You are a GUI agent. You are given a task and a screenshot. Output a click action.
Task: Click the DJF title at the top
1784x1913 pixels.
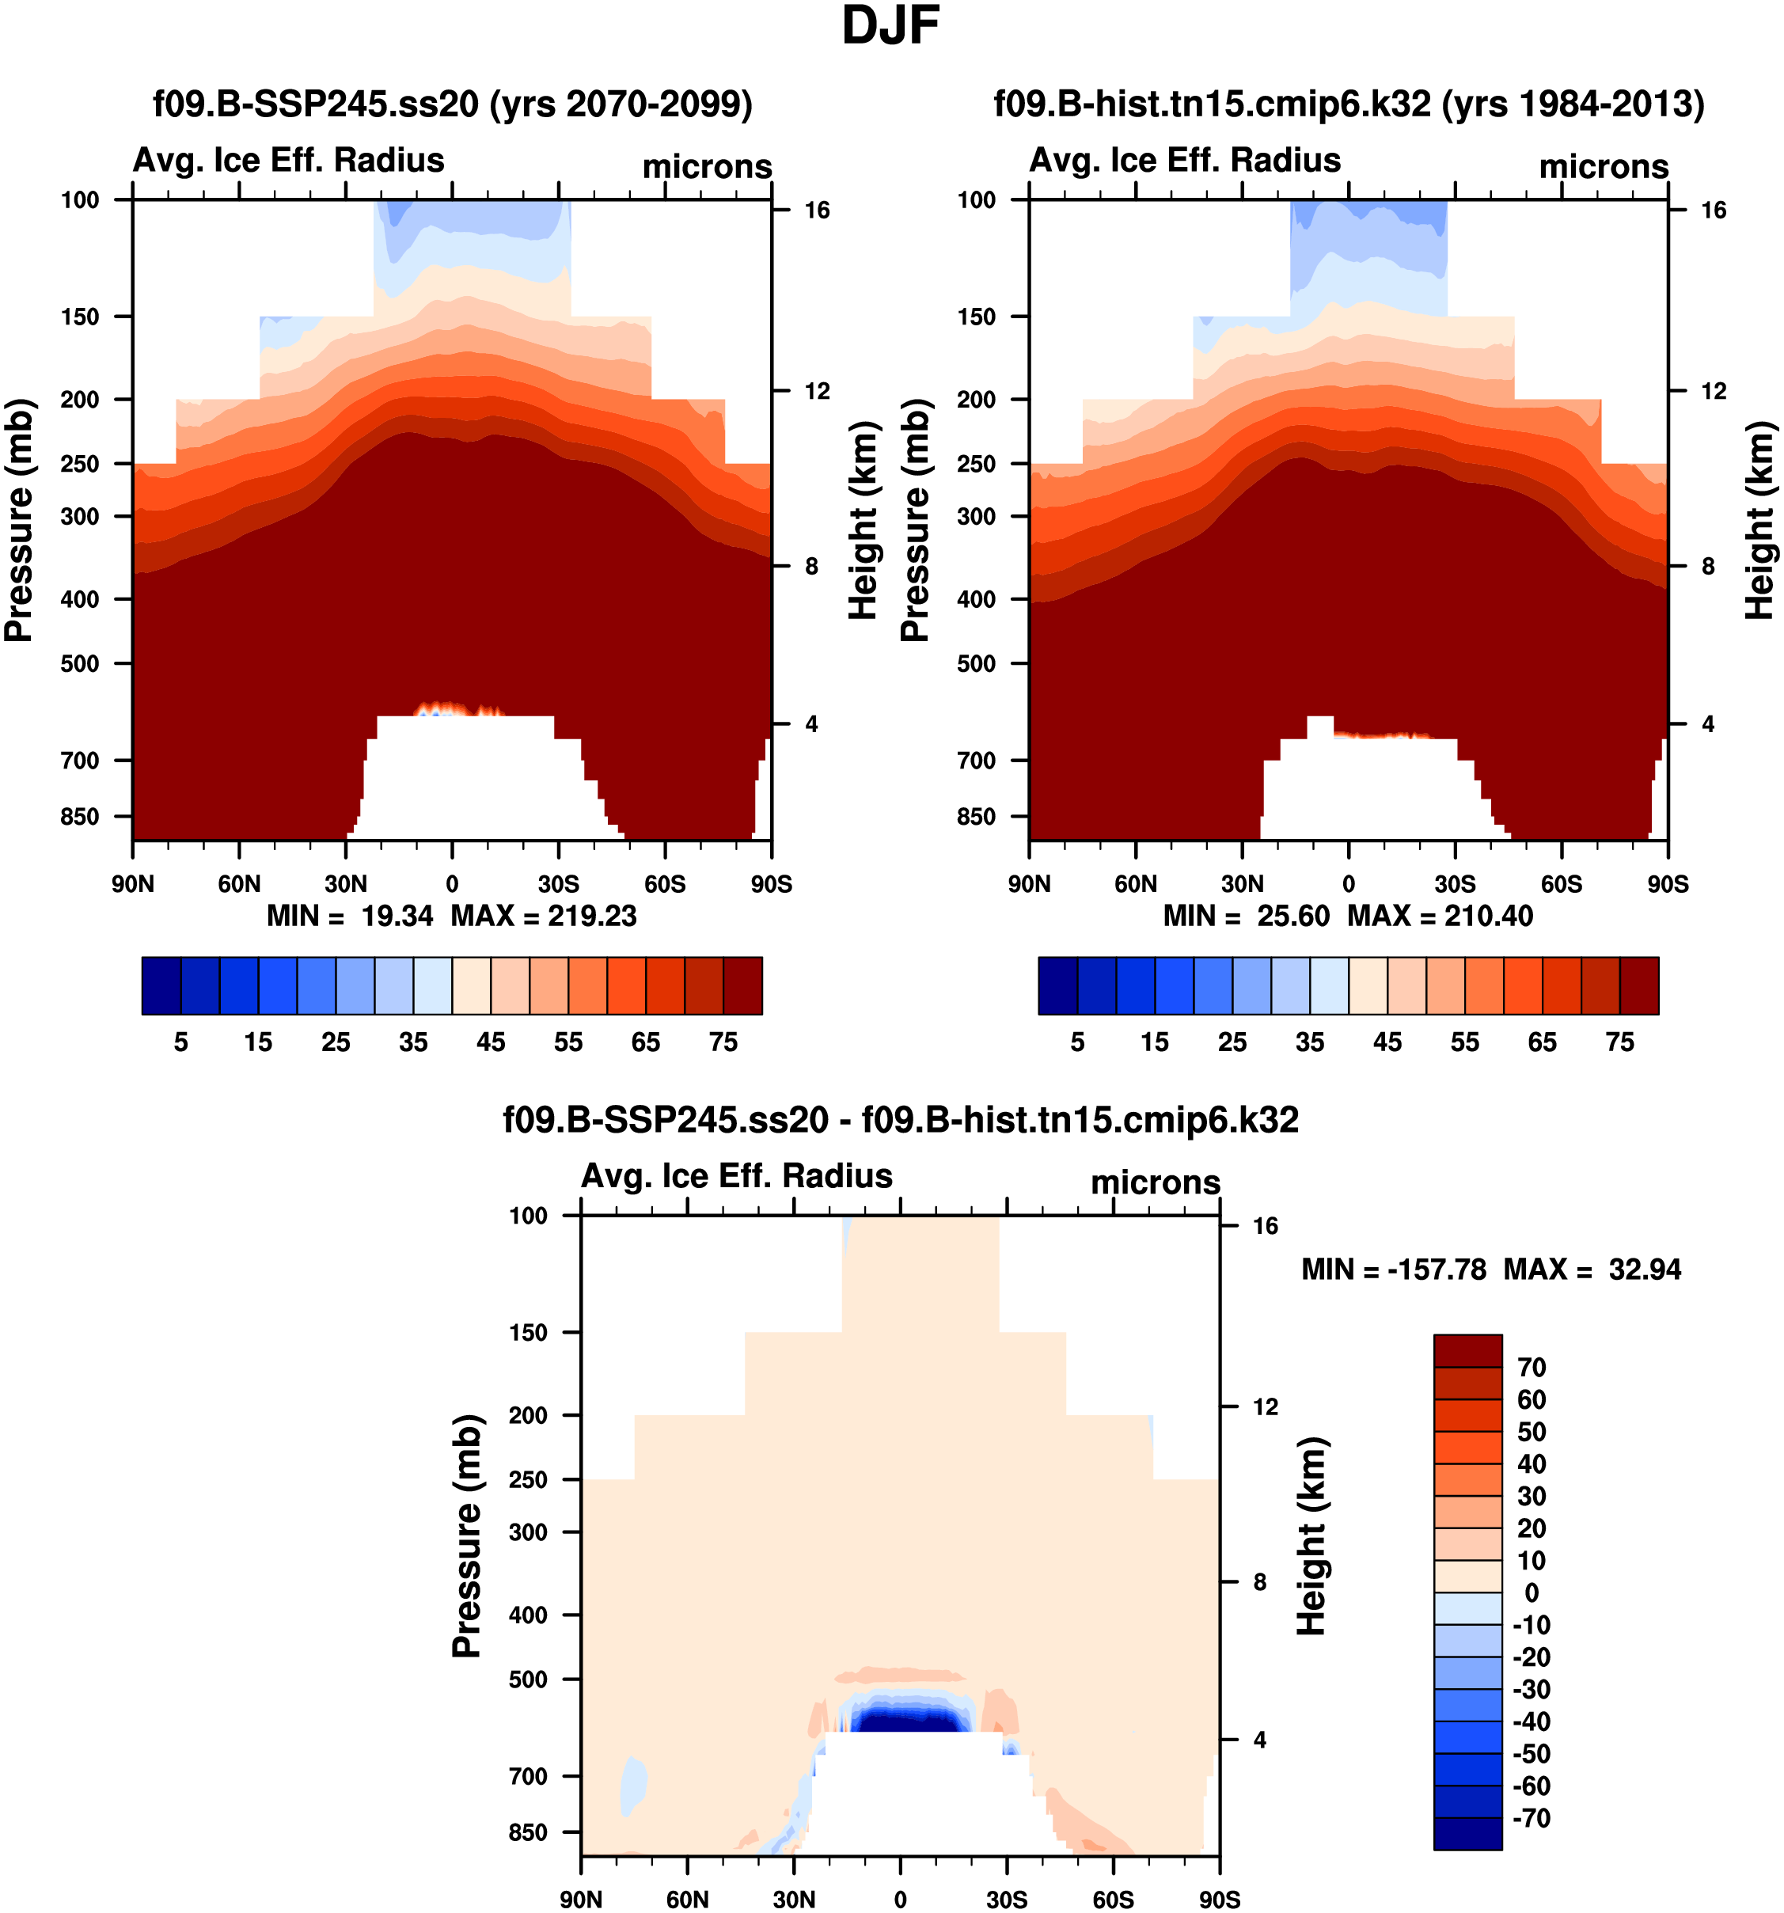coord(890,27)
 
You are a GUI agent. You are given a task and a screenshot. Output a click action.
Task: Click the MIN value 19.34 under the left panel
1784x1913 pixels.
coord(397,916)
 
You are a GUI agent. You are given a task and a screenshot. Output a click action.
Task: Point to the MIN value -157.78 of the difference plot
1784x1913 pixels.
coord(1437,1270)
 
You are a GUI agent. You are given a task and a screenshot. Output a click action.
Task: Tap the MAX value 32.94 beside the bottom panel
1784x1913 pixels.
coord(1645,1270)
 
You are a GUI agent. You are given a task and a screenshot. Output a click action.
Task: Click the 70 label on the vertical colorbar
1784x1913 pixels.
coord(1531,1368)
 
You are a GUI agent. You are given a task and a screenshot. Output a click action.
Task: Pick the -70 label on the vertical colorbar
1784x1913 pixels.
coord(1531,1818)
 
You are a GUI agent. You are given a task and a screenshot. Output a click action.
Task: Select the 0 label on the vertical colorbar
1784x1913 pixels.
coord(1531,1592)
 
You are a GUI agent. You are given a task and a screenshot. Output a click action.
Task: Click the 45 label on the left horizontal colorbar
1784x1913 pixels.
coord(491,1042)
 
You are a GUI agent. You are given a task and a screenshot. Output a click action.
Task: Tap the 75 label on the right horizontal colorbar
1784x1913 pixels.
coord(1619,1042)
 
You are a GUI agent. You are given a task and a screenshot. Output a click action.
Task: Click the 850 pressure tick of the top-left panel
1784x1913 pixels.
coord(80,816)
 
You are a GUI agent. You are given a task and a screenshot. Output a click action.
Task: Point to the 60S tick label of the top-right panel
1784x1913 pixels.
coord(1561,883)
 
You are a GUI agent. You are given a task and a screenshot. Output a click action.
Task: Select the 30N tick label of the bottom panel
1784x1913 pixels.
coord(794,1900)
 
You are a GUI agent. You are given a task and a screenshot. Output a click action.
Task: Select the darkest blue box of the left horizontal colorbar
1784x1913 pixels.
coord(161,985)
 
